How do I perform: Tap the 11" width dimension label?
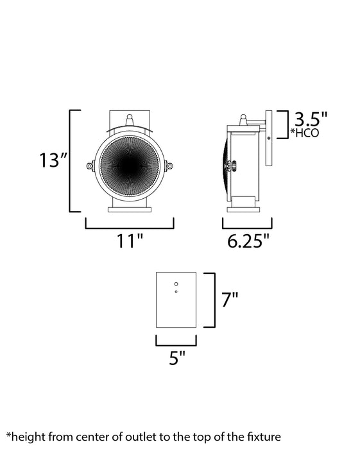tap(130, 241)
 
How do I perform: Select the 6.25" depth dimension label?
tap(247, 241)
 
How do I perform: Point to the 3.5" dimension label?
tap(311, 119)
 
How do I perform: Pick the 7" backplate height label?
tap(230, 300)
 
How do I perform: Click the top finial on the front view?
tap(130, 120)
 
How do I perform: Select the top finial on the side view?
tap(243, 120)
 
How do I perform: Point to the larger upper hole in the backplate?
tap(176, 283)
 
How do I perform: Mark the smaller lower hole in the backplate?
tap(176, 292)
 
